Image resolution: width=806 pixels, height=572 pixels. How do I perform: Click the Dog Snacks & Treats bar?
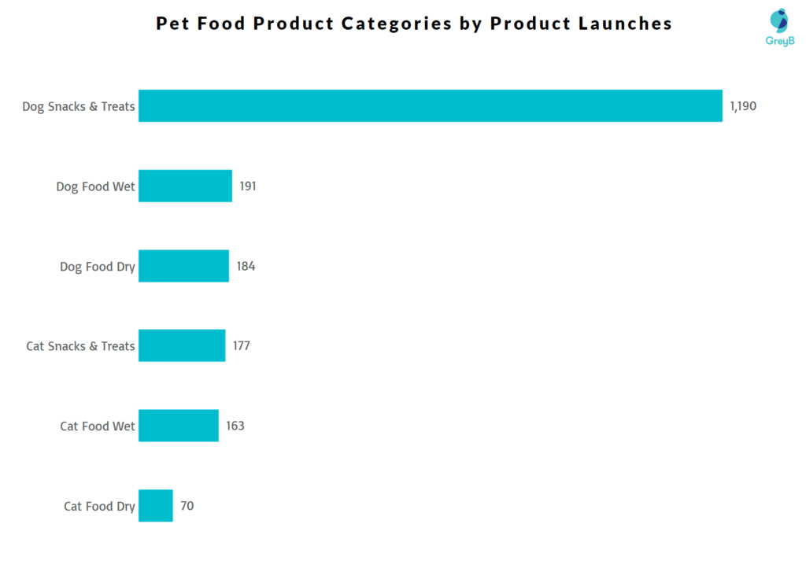point(430,106)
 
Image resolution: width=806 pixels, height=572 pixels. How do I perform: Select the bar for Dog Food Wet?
point(185,186)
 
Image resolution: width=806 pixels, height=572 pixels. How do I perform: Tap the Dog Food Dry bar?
point(183,267)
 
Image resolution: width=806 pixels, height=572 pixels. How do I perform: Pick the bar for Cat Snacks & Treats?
point(182,346)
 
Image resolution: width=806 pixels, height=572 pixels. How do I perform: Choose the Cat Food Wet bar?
point(178,426)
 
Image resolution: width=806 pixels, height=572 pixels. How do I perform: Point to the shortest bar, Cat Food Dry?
point(155,506)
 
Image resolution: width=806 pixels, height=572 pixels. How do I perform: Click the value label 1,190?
point(743,106)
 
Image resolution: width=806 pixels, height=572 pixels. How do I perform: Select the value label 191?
point(248,186)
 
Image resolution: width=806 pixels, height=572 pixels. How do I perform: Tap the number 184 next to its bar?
point(246,267)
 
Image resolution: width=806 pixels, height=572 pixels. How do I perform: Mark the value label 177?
point(241,346)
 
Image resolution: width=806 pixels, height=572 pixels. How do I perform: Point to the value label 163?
point(235,426)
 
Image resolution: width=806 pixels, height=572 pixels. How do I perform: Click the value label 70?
point(187,506)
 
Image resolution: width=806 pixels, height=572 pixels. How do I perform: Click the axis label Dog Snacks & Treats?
point(79,106)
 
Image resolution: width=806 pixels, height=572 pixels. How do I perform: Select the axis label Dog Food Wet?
point(95,186)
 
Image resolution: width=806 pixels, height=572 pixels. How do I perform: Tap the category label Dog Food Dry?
point(97,267)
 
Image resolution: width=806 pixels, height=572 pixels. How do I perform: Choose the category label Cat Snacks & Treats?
point(80,346)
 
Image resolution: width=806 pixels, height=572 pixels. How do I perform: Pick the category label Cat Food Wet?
point(98,426)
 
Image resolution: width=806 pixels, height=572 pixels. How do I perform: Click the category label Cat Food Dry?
point(99,506)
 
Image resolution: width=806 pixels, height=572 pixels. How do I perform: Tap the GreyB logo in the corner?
point(779,27)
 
